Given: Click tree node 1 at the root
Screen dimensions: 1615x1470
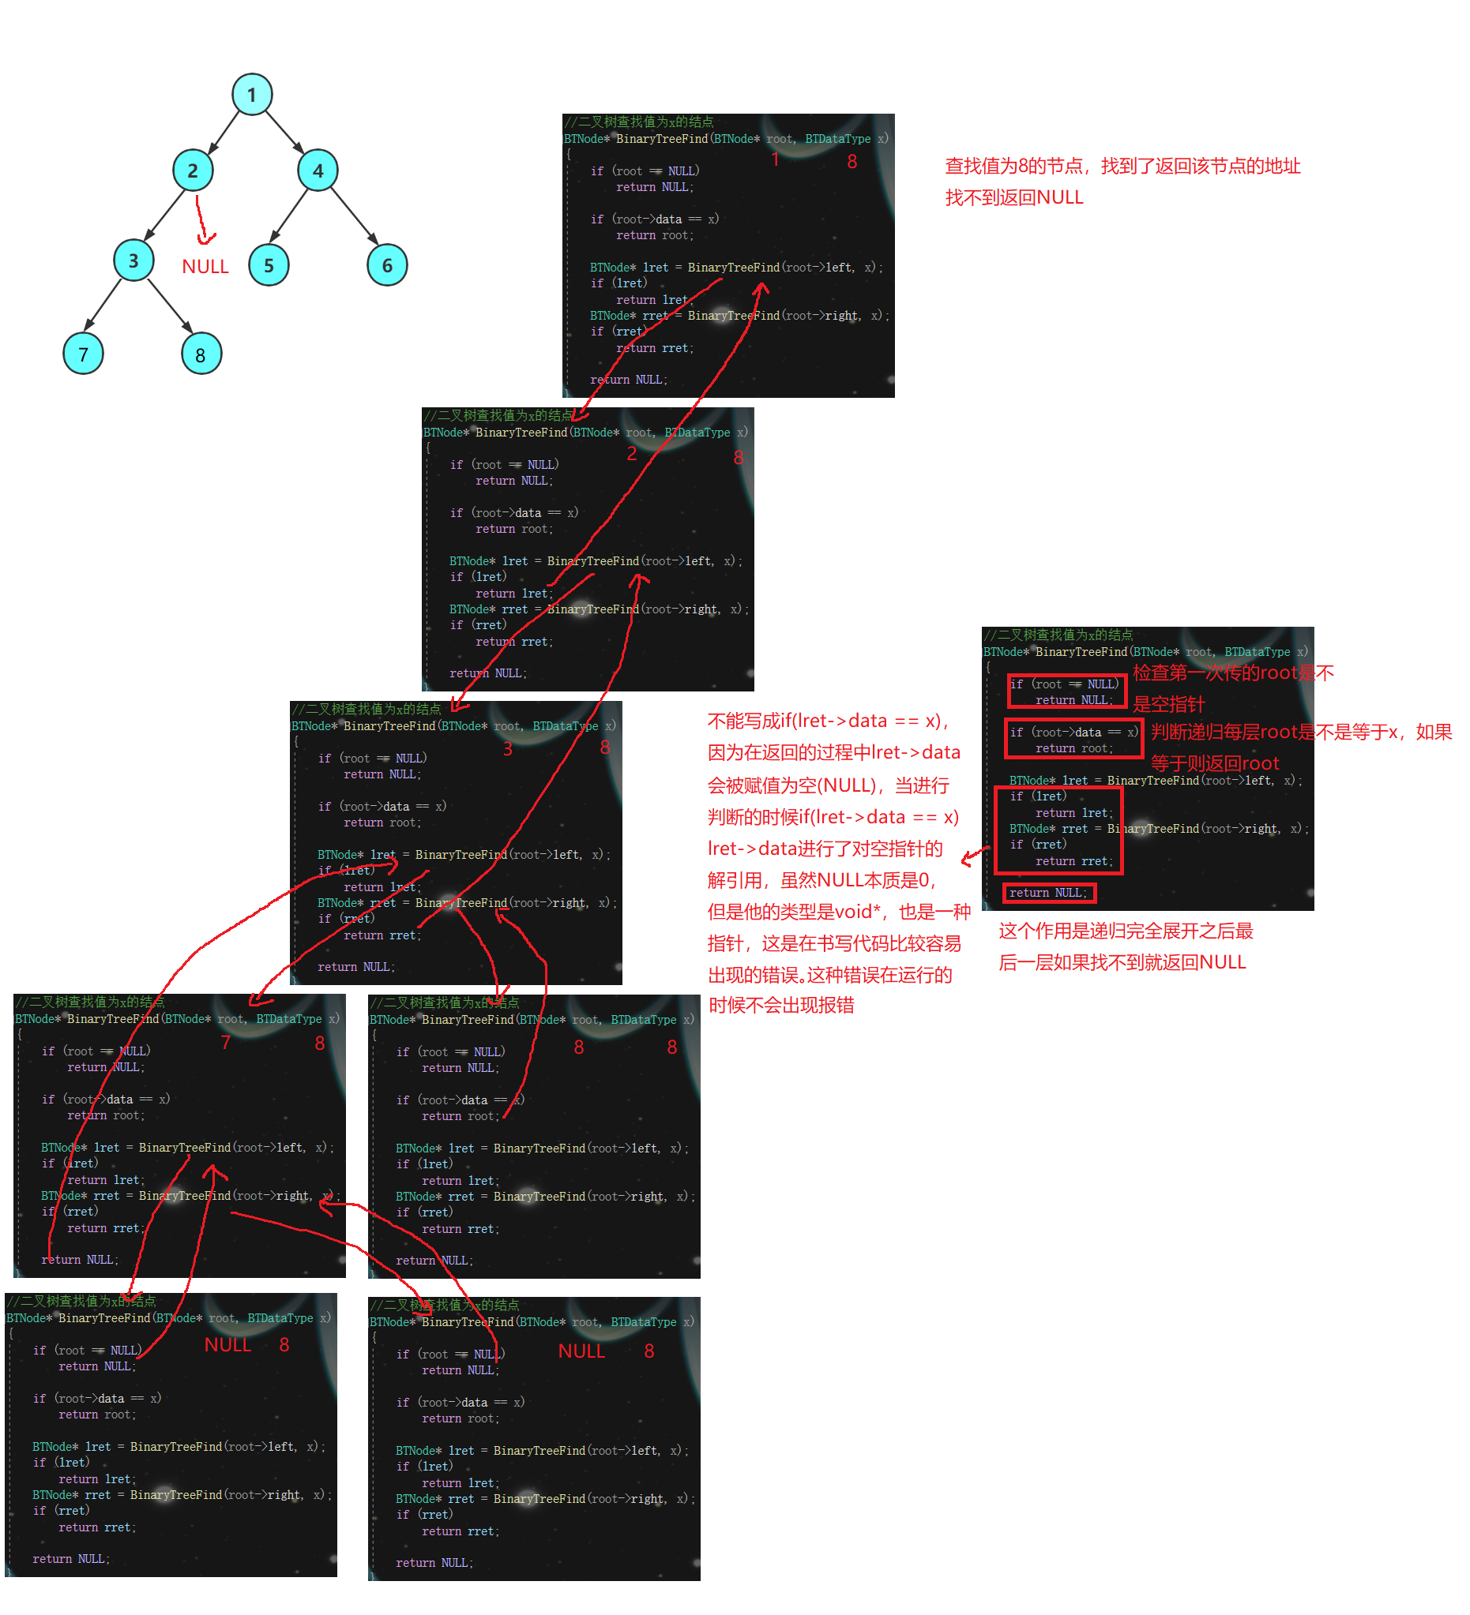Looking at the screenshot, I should (252, 95).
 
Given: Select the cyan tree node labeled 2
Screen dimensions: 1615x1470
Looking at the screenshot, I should (193, 170).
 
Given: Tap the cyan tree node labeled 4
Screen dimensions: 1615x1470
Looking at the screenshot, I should (318, 170).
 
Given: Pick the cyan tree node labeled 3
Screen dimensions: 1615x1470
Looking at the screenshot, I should (133, 260).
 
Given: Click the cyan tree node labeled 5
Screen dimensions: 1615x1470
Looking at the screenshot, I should (269, 265).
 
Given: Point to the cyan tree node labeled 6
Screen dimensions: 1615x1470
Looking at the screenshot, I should (387, 265).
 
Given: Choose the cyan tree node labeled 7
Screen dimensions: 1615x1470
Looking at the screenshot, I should (83, 354).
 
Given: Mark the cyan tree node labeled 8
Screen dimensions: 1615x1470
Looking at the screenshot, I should (201, 354).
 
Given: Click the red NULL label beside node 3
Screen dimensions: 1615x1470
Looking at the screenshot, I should (205, 267).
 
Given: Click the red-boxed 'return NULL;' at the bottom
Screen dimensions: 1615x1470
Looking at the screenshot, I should (1047, 893).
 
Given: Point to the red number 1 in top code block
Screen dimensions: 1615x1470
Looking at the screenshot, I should (775, 159).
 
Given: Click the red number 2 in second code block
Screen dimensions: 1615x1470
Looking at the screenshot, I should (632, 453).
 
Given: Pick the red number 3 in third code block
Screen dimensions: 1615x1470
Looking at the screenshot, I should (507, 748).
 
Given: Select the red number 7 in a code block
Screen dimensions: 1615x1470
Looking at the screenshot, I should (225, 1042).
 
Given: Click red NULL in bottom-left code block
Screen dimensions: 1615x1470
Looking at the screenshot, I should (227, 1345).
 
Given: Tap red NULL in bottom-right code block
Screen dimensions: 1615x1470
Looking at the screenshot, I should (581, 1351).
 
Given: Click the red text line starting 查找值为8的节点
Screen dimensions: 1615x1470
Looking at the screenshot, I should (1122, 166).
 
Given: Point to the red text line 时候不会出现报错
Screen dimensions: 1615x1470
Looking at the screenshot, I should (780, 1006).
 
